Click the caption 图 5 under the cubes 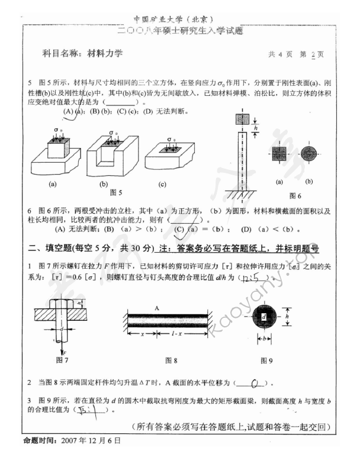(116, 193)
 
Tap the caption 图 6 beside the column (295, 195)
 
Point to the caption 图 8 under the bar (172, 359)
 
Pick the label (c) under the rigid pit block (162, 184)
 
